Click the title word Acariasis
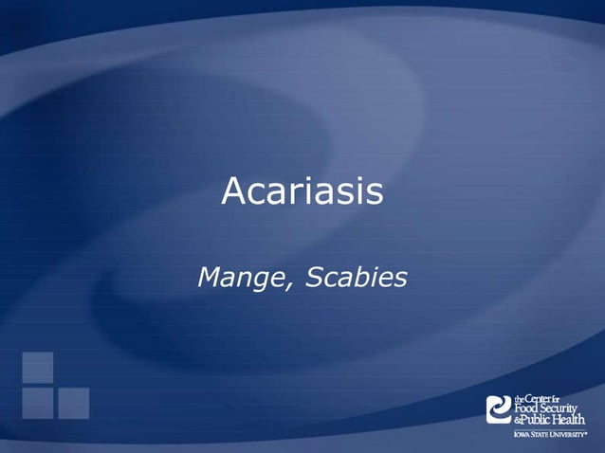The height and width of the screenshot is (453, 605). pos(302,192)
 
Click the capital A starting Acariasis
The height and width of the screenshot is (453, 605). pos(232,192)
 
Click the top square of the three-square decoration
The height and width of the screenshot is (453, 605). pos(38,367)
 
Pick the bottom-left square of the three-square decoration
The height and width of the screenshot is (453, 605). pos(38,403)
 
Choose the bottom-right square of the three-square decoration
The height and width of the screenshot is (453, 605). pos(73,403)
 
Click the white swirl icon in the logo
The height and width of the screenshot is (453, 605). pos(498,409)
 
